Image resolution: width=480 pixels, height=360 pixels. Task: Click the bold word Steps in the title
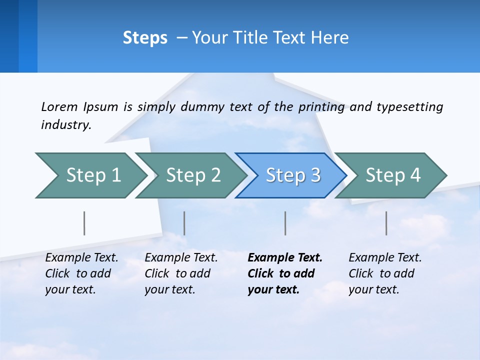pos(145,38)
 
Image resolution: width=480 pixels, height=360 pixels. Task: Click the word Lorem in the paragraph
pos(59,106)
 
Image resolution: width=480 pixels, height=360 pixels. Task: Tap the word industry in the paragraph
pos(66,125)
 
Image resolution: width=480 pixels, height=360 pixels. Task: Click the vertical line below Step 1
pos(84,223)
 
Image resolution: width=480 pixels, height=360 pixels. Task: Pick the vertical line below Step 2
pos(184,223)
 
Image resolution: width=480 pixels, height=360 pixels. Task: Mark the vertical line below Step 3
pos(285,223)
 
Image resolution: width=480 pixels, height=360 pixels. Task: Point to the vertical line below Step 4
pos(386,223)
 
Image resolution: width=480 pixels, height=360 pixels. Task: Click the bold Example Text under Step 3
pos(285,258)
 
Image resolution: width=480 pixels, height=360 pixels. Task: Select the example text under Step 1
pos(81,273)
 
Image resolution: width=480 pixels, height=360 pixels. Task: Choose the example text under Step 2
pos(181,273)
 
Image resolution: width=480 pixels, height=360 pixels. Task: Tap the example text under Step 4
pos(385,273)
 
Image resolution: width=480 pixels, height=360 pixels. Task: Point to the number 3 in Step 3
pos(315,175)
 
